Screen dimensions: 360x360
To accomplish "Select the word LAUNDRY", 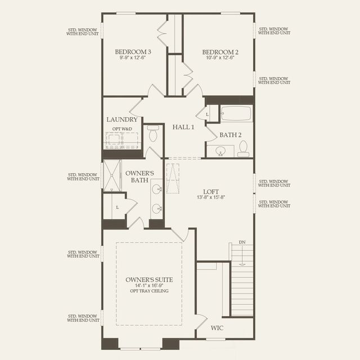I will click(121, 120).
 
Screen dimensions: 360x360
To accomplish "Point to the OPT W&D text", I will click(121, 129).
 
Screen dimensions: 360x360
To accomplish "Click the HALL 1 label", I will click(183, 127).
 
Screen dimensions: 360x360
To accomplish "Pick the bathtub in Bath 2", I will click(236, 114).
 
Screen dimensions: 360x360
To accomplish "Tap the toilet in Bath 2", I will click(243, 148).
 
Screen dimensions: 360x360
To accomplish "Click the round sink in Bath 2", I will click(220, 151).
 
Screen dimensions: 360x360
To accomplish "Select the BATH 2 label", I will click(230, 134).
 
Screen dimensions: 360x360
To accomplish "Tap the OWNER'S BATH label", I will click(137, 176).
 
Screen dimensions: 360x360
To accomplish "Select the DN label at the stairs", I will click(242, 242).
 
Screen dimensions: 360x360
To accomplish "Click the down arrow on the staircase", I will click(242, 256).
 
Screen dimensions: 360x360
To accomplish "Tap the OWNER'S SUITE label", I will click(148, 280).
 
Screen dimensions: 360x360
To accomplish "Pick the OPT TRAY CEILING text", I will click(148, 291).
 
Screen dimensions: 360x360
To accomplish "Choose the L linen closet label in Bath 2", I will click(208, 114).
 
